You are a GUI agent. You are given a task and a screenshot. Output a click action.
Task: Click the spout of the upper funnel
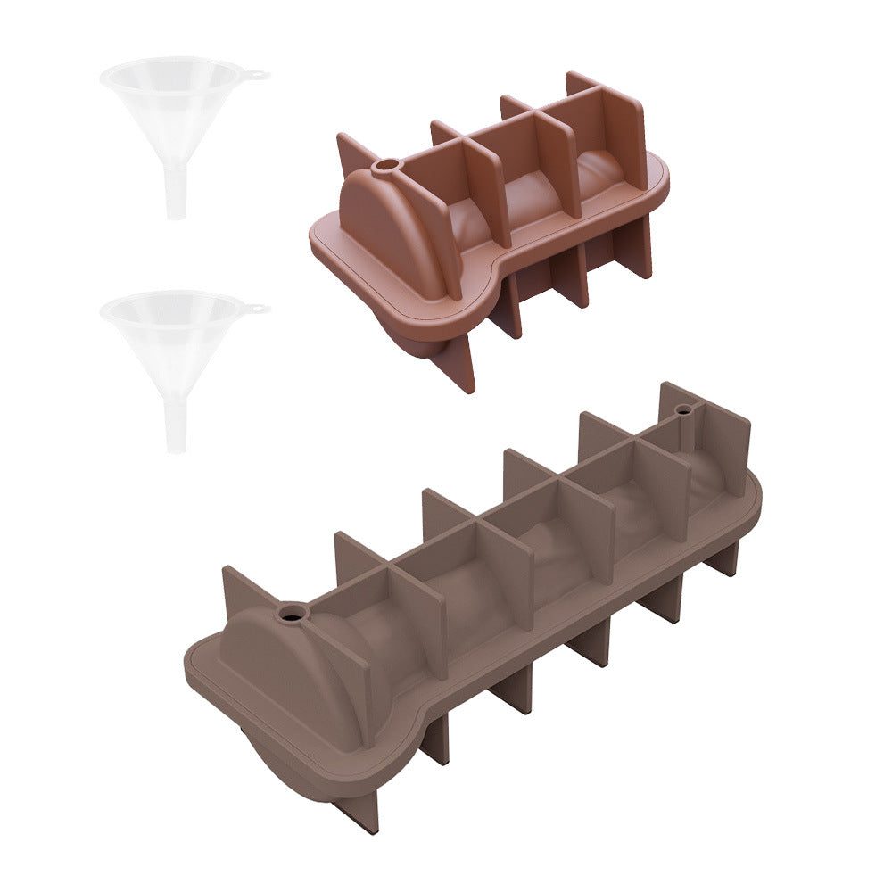[x=175, y=191]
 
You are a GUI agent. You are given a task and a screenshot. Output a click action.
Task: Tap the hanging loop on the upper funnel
[x=258, y=75]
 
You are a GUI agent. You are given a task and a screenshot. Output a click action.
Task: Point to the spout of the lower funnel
[x=176, y=425]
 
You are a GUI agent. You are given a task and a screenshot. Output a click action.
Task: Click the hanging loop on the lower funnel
[x=258, y=309]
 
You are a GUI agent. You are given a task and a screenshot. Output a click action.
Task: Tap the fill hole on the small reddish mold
[x=388, y=167]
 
